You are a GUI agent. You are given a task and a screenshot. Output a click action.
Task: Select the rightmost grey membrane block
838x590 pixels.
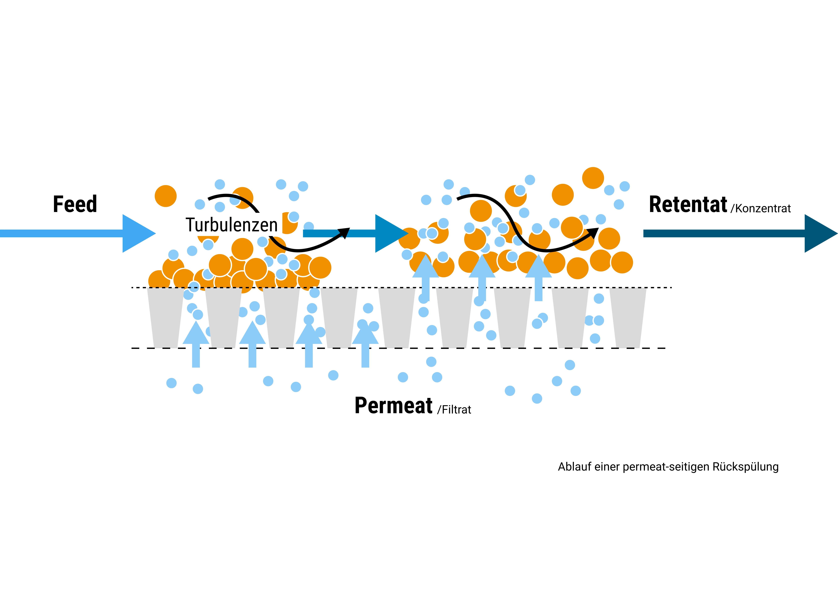628,318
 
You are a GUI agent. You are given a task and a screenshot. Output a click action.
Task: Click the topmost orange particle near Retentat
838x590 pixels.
593,178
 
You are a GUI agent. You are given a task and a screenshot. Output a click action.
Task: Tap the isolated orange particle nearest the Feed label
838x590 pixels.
166,196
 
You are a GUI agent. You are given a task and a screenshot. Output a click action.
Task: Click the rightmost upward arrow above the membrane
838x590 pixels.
538,278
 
